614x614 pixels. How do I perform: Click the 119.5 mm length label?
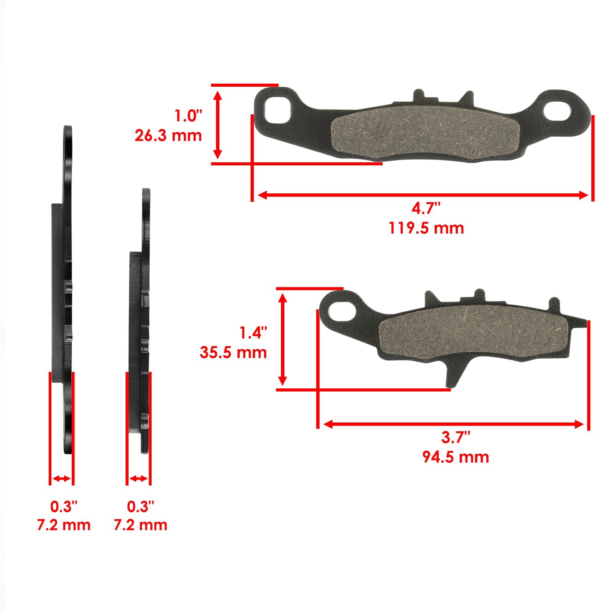point(426,228)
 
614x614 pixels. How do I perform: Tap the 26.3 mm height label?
point(168,135)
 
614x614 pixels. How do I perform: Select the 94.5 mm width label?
point(456,457)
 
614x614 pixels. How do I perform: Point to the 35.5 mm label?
point(233,352)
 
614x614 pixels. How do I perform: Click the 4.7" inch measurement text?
point(426,209)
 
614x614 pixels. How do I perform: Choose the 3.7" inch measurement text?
point(456,437)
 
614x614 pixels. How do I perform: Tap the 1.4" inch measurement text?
point(253,333)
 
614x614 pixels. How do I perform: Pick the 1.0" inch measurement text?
point(188,116)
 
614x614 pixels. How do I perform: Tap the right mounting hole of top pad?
point(557,109)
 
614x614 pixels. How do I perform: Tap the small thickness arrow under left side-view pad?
point(61,479)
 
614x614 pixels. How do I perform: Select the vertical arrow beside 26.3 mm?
point(218,125)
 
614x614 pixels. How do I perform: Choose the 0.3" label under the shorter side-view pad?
point(140,507)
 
